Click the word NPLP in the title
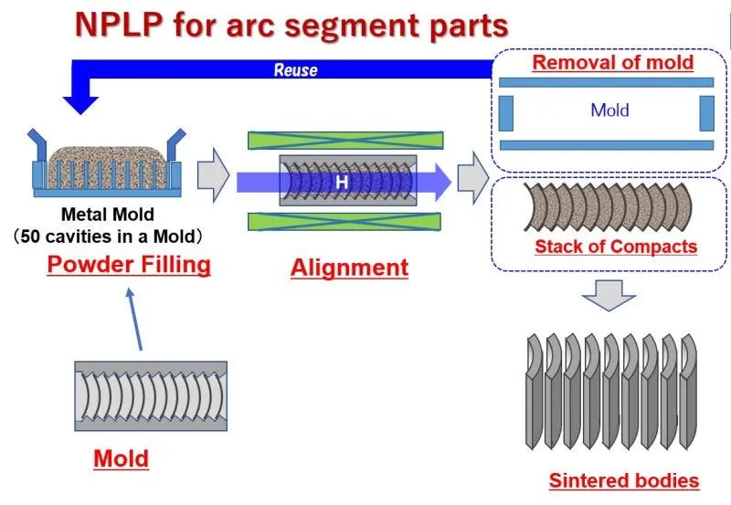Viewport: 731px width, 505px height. (119, 25)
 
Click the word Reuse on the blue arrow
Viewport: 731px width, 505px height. (295, 70)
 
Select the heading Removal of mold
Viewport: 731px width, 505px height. (613, 62)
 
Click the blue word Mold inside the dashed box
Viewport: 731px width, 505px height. (609, 110)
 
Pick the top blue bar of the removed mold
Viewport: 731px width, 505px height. (606, 82)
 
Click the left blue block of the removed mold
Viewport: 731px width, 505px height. (506, 113)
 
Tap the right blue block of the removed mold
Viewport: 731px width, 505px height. (706, 113)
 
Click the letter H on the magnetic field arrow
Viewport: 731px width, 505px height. (342, 182)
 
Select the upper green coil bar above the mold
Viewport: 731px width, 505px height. (345, 141)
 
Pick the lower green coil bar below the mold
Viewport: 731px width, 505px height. (344, 221)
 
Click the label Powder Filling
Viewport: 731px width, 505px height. (129, 265)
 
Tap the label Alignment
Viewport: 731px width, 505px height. (349, 268)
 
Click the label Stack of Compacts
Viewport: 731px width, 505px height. (616, 247)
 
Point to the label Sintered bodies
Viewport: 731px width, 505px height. (624, 480)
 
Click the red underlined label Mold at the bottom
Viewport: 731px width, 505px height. (122, 458)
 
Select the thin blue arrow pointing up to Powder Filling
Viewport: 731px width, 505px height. (134, 319)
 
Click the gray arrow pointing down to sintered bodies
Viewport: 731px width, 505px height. (609, 295)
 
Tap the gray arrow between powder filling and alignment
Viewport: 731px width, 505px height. (214, 175)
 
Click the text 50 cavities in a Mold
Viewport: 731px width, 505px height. (108, 237)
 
